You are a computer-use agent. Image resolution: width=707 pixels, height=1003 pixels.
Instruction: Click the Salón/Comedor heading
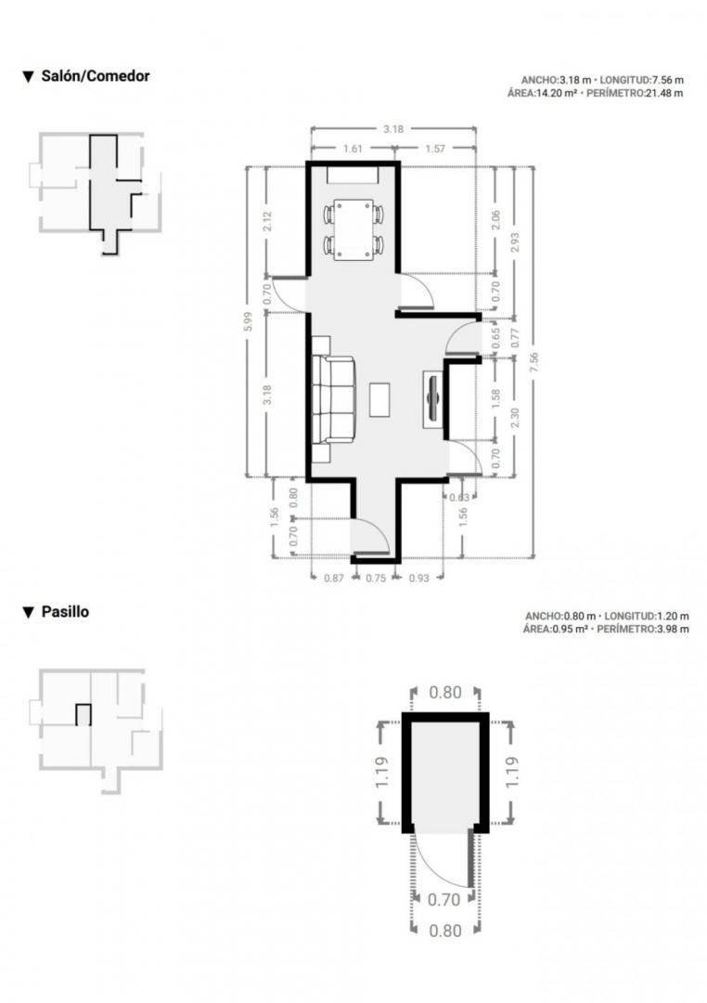96,76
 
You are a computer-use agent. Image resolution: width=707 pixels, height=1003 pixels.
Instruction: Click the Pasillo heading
65,611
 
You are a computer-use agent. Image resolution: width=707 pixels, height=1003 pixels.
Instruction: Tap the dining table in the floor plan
353,230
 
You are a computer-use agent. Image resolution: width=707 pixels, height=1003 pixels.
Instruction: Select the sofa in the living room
334,399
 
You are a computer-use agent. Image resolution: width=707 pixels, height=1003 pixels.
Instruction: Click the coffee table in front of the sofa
379,399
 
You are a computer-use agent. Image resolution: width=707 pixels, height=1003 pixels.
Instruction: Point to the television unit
432,398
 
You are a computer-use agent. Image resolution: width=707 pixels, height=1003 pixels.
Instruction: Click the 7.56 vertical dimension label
533,363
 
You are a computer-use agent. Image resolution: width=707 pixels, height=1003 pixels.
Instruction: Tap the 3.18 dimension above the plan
393,129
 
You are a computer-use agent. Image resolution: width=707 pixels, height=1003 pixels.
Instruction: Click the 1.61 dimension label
353,149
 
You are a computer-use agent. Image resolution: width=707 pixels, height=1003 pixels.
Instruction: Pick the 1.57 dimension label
434,149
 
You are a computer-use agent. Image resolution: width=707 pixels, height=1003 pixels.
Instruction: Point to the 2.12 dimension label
267,222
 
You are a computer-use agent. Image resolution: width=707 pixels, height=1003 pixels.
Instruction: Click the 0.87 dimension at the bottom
334,578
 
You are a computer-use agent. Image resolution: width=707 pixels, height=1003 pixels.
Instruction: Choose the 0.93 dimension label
418,578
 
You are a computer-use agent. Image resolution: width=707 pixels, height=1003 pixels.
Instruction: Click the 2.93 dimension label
515,241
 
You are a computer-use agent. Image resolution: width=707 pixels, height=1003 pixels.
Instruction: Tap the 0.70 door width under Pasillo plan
443,899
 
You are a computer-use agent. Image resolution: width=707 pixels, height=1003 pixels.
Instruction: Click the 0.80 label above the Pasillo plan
445,692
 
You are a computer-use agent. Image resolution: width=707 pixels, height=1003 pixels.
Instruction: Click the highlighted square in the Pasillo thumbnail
84,714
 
